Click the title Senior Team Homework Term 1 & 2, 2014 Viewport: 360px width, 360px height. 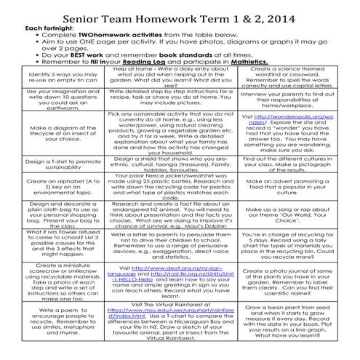tap(179, 15)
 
